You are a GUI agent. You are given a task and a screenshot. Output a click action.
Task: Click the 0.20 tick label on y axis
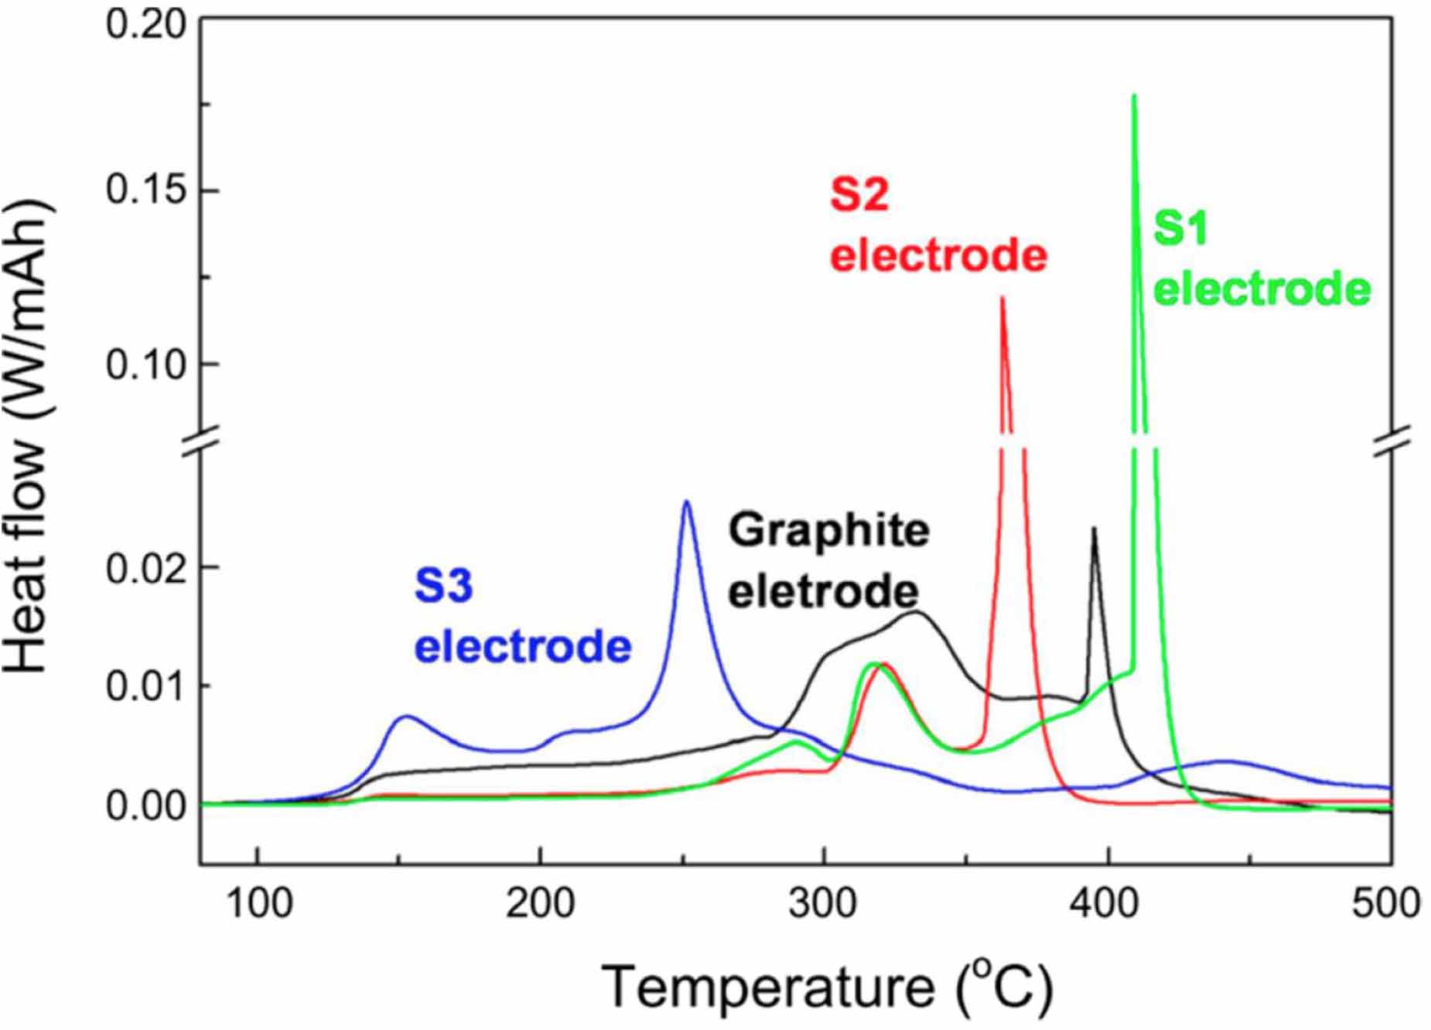pos(146,25)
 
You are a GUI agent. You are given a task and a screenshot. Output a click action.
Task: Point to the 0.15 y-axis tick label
pos(146,190)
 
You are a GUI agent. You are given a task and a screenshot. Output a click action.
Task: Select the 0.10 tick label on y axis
pos(146,364)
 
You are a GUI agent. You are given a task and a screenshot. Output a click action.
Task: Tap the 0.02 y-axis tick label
pos(146,569)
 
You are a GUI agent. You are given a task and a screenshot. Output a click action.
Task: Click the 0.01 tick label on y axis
pos(146,686)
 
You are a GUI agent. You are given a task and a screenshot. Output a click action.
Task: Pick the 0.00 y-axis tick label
pos(146,806)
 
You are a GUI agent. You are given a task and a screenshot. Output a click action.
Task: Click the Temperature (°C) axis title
pos(827,987)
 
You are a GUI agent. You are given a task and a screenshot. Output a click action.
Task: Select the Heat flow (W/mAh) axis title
pos(29,437)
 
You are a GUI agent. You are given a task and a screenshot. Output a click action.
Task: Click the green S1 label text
pos(1180,228)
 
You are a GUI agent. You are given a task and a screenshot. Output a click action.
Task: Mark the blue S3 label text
pos(443,586)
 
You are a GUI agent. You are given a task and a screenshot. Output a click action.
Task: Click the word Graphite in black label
pos(828,531)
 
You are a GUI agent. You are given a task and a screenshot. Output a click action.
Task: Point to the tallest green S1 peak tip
pos(1134,96)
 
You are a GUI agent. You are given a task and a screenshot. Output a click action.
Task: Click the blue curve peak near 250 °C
pos(685,502)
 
